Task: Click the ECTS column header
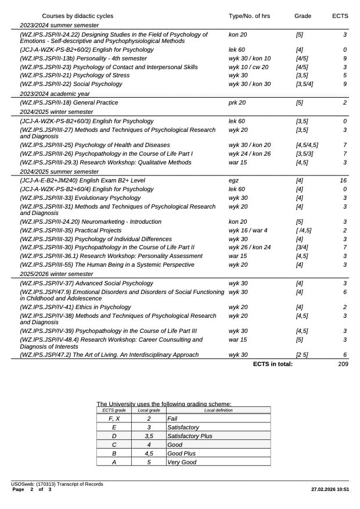pyautogui.click(x=340, y=16)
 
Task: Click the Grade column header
pyautogui.click(x=303, y=16)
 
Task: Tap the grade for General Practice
pyautogui.click(x=299, y=103)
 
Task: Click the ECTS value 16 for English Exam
pyautogui.click(x=343, y=181)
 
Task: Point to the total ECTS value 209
pyautogui.click(x=343, y=364)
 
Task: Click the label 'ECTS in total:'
pyautogui.click(x=273, y=364)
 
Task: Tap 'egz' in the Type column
pyautogui.click(x=233, y=181)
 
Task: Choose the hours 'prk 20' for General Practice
pyautogui.click(x=237, y=103)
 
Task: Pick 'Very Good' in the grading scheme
pyautogui.click(x=182, y=462)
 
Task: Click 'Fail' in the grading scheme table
pyautogui.click(x=172, y=418)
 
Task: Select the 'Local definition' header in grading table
pyautogui.click(x=218, y=410)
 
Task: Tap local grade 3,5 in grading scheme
pyautogui.click(x=149, y=436)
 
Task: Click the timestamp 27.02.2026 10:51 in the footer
pyautogui.click(x=330, y=490)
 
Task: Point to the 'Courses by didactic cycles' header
pyautogui.click(x=78, y=16)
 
